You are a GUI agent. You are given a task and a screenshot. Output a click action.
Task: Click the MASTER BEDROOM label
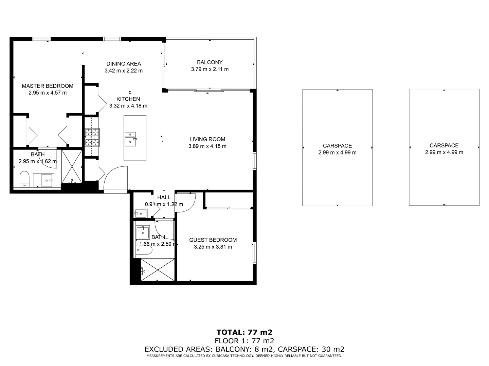(48, 86)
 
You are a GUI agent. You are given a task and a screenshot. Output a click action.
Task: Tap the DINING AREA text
(124, 64)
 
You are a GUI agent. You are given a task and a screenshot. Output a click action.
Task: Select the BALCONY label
(210, 62)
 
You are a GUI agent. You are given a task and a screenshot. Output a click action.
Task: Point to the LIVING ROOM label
(207, 139)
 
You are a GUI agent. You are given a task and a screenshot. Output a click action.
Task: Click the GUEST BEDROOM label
(213, 240)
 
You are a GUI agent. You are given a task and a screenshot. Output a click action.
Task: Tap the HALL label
(164, 197)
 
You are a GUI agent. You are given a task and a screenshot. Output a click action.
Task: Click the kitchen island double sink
(130, 139)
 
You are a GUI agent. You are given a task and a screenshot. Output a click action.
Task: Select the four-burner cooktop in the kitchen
(92, 138)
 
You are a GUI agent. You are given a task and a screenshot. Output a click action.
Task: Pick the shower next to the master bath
(72, 167)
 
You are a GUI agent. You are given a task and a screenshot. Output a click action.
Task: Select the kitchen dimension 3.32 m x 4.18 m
(128, 106)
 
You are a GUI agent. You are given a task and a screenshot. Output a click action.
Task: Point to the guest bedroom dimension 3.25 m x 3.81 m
(213, 247)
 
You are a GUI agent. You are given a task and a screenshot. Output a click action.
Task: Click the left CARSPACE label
(337, 146)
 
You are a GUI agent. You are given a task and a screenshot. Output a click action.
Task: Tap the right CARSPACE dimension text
(444, 152)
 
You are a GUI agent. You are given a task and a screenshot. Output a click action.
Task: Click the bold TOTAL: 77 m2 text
(244, 332)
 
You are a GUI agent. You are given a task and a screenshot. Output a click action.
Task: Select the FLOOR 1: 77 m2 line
(244, 341)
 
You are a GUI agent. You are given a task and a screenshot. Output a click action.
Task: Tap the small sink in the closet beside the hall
(140, 213)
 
